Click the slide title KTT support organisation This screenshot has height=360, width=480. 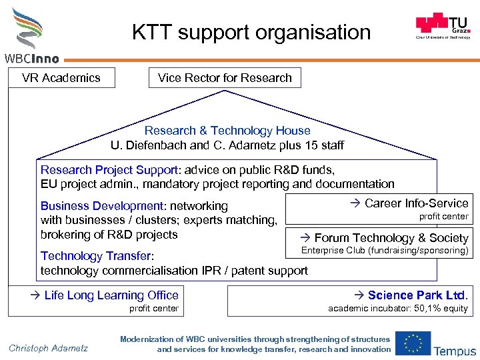tap(251, 31)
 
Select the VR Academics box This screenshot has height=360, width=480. tap(61, 78)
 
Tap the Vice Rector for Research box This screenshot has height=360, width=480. tap(225, 78)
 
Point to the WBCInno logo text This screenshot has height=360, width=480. tap(31, 59)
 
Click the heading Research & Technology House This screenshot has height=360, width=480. tap(227, 131)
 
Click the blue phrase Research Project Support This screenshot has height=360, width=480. tap(109, 170)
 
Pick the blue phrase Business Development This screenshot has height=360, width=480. tap(102, 206)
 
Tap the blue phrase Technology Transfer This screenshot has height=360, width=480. tap(97, 256)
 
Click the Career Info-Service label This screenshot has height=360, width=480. tap(416, 203)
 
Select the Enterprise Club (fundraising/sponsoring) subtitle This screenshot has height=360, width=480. tap(385, 251)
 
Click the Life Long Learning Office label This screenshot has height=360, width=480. tap(111, 295)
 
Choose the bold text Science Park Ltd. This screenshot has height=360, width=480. tap(417, 295)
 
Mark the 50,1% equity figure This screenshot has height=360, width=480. tap(441, 308)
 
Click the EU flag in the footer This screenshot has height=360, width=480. tap(412, 343)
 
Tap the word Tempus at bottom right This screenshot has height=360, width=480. tap(455, 351)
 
